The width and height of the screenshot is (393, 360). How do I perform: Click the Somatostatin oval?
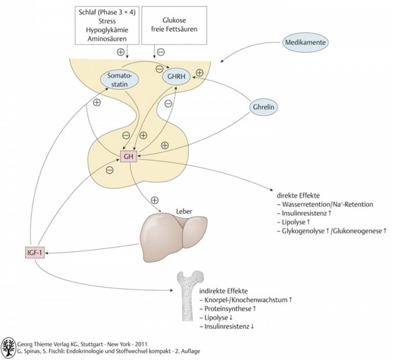coord(119,80)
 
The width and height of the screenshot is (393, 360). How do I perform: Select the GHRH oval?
coord(176,76)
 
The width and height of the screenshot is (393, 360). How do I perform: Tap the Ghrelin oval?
coord(264,107)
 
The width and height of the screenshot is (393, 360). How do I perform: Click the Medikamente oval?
coord(305,42)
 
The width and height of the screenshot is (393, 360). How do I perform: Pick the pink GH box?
coord(128,157)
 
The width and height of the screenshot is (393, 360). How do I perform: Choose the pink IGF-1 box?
coord(35,252)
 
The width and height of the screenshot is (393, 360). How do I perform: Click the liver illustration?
coord(173,236)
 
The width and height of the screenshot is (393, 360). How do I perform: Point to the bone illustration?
coord(189,295)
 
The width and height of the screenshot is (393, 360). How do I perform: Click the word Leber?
coord(184,211)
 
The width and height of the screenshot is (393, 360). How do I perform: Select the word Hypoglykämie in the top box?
coord(107,30)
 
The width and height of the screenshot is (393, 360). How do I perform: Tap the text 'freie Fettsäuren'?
coord(174,29)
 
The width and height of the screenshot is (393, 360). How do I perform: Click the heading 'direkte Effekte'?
coord(298,196)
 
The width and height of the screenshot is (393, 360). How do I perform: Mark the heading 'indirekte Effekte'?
coord(223,291)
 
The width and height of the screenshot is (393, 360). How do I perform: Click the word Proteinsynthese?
coord(228,309)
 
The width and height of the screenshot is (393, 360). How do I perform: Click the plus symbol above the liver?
coord(155,200)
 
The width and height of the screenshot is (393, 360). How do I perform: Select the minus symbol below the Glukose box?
coord(161,52)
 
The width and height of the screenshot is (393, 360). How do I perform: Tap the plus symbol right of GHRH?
coord(200,73)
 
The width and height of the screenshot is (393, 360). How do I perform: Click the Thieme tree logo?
coord(8,348)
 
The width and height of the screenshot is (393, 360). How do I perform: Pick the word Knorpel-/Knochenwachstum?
coord(246,300)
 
